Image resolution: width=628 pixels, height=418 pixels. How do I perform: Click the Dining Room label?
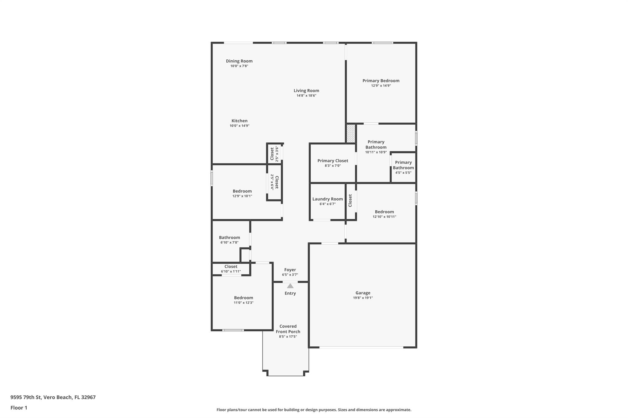pyautogui.click(x=239, y=61)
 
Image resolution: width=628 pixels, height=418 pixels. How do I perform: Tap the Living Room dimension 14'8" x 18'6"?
pyautogui.click(x=306, y=96)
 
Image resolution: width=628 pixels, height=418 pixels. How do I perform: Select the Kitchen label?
pyautogui.click(x=239, y=121)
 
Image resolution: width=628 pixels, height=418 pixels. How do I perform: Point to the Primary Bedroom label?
pyautogui.click(x=381, y=81)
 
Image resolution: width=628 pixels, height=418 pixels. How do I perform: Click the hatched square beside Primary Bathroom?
pyautogui.click(x=351, y=134)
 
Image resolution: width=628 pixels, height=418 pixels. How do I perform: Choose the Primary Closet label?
pyautogui.click(x=333, y=161)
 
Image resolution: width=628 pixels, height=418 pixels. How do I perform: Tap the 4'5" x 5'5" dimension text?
pyautogui.click(x=403, y=173)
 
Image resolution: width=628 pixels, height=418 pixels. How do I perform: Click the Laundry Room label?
pyautogui.click(x=327, y=199)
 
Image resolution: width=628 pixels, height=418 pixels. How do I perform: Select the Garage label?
pyautogui.click(x=363, y=293)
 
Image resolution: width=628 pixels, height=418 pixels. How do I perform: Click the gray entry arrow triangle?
pyautogui.click(x=290, y=286)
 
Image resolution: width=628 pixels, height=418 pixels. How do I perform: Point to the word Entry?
pyautogui.click(x=290, y=293)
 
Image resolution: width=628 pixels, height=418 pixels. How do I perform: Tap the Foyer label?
pyautogui.click(x=290, y=270)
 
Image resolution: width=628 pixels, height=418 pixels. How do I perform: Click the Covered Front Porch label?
pyautogui.click(x=288, y=329)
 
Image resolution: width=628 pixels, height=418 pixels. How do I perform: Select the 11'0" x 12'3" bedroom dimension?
pyautogui.click(x=243, y=303)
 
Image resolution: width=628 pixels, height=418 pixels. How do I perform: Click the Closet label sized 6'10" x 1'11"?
pyautogui.click(x=231, y=266)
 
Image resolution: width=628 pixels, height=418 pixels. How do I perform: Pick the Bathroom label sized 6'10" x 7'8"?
pyautogui.click(x=229, y=238)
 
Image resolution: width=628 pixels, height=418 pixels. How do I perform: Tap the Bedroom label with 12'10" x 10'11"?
pyautogui.click(x=384, y=212)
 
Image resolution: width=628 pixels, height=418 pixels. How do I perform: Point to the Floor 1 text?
pyautogui.click(x=19, y=408)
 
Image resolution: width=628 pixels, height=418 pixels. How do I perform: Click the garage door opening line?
pyautogui.click(x=361, y=347)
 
